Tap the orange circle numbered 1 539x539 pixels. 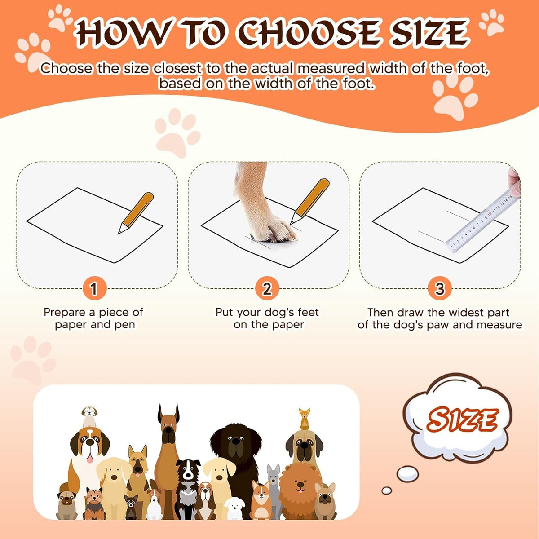coord(94,288)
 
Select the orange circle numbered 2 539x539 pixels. coord(267,288)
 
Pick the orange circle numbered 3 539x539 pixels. coord(440,288)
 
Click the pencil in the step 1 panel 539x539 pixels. coord(136,213)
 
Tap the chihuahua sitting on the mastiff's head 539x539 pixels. coord(305,419)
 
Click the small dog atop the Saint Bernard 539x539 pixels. coord(89,416)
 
